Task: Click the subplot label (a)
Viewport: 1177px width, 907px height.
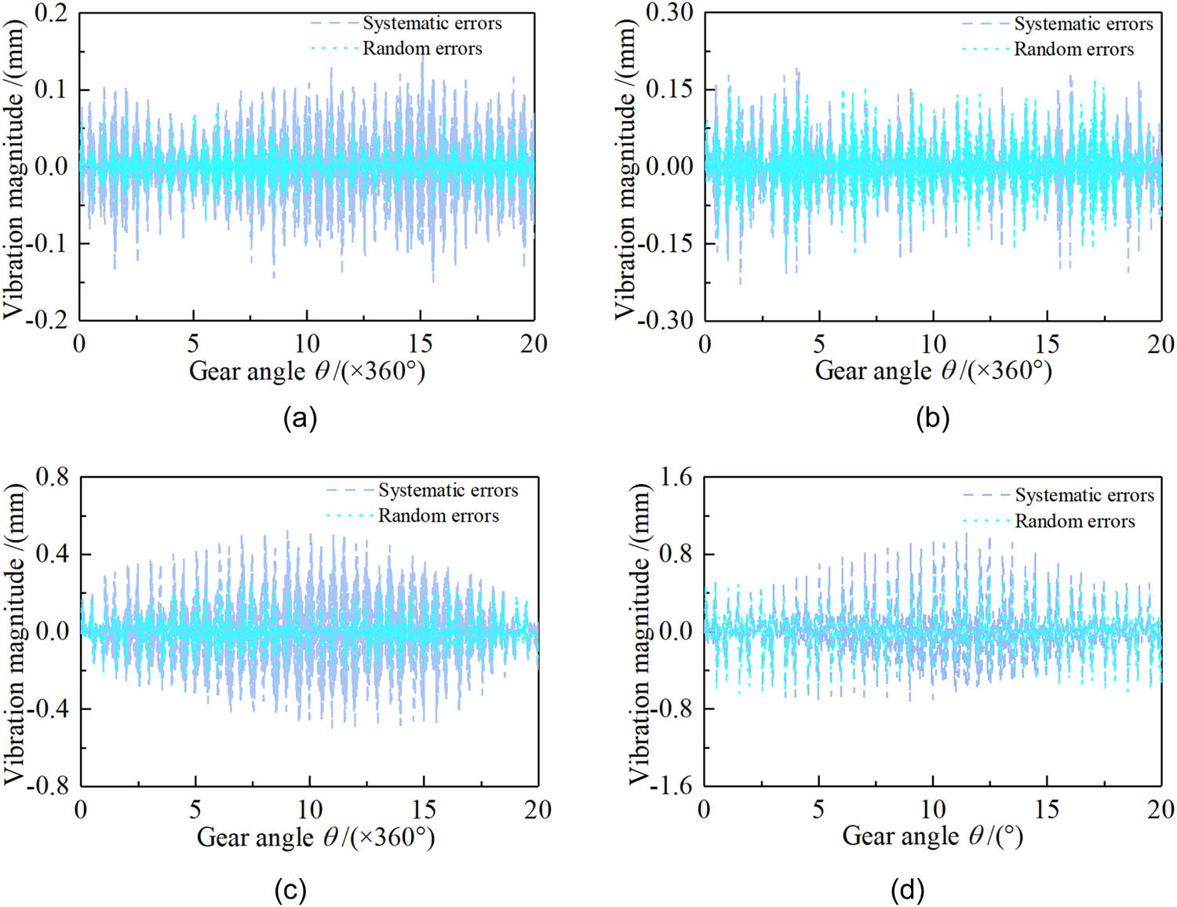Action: coord(300,417)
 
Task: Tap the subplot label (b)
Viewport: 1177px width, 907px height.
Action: coord(932,417)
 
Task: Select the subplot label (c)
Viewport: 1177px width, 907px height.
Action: coord(290,890)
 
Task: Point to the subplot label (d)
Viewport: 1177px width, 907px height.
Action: coord(907,890)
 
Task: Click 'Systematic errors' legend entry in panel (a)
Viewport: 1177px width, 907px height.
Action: coord(432,24)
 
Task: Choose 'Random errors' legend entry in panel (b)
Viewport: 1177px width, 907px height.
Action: coord(1073,49)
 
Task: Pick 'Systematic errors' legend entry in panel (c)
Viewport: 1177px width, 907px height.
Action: coord(448,490)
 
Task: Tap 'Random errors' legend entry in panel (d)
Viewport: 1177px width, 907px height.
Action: coord(1074,521)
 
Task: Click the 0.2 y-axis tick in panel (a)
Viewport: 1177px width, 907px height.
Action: coord(52,13)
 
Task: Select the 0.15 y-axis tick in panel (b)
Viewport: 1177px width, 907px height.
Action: coord(669,89)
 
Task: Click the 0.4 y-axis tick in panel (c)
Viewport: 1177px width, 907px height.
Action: coord(53,554)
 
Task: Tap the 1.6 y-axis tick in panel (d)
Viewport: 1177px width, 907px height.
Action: coord(676,477)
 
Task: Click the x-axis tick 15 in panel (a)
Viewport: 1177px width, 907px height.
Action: coord(421,344)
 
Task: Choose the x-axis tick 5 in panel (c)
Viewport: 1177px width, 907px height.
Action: coord(195,810)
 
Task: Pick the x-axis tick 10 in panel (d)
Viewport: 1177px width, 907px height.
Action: coord(932,810)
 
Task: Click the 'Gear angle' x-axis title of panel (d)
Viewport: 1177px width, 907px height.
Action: coord(932,836)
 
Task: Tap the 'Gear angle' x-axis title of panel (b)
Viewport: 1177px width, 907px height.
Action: coord(933,370)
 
